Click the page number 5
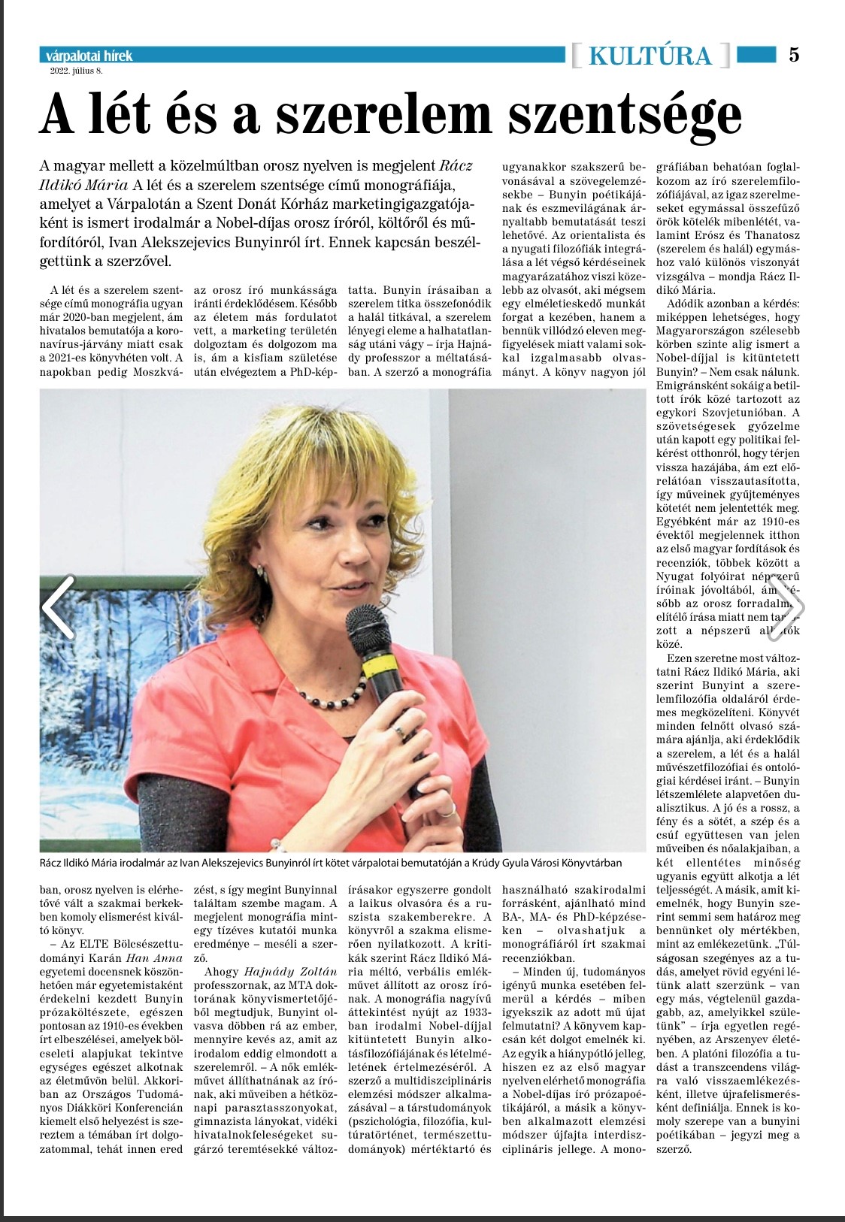pyautogui.click(x=795, y=55)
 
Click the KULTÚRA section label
pyautogui.click(x=650, y=56)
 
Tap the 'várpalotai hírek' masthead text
pyautogui.click(x=89, y=56)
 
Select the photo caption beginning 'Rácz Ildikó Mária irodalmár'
pyautogui.click(x=331, y=864)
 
